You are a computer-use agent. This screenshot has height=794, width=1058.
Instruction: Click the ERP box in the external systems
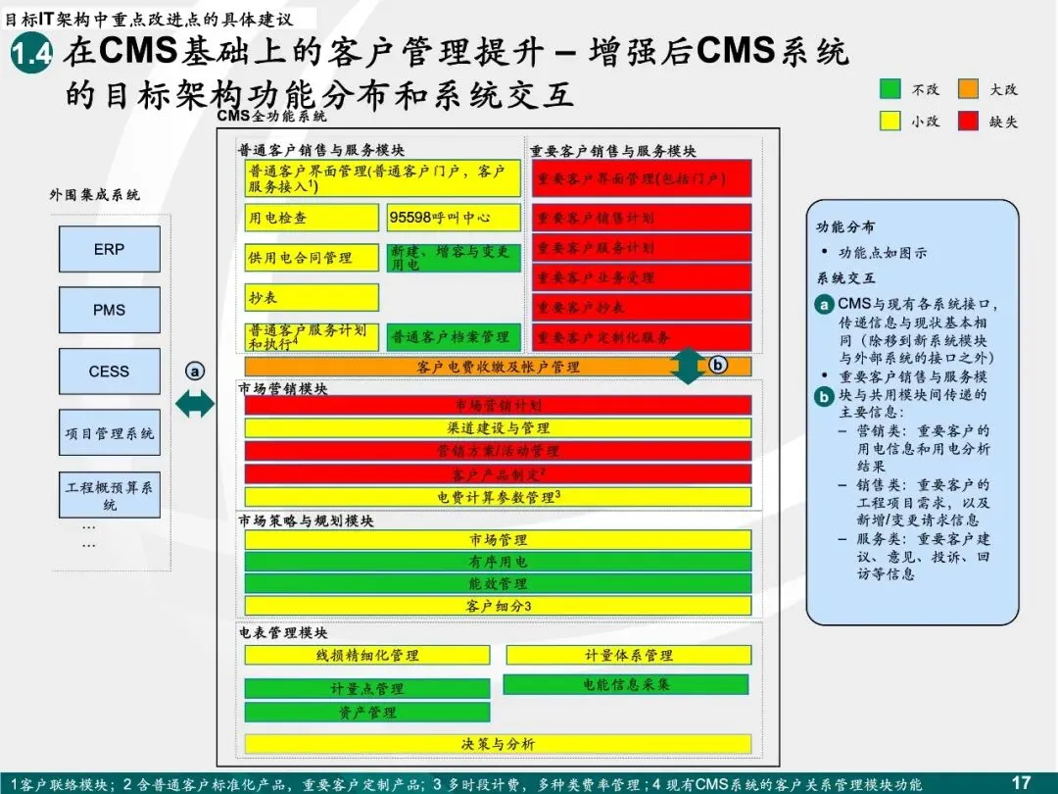point(109,249)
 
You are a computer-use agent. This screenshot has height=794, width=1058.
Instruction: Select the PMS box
point(109,310)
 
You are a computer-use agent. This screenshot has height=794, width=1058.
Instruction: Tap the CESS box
point(109,372)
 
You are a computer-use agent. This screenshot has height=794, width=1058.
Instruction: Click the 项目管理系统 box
point(109,434)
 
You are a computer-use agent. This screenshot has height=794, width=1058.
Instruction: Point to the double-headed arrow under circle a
point(194,402)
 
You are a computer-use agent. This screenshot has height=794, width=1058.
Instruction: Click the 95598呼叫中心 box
point(453,218)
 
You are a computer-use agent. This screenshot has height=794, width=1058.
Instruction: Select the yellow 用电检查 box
point(312,218)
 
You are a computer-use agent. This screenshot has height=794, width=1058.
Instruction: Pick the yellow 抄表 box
point(312,297)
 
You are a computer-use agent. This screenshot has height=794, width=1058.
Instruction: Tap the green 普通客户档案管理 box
point(453,337)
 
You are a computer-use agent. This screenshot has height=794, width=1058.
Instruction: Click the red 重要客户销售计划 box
point(642,218)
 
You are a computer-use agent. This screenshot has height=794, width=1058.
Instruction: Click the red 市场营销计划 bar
point(498,405)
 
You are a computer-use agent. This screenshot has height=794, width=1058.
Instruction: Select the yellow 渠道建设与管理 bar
point(498,428)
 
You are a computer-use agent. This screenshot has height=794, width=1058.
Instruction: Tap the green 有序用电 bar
point(498,562)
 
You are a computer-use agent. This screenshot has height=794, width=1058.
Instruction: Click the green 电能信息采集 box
point(626,684)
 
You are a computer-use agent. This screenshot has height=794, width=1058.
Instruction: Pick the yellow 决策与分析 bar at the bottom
point(498,744)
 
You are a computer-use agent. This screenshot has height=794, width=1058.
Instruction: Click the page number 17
point(1021,781)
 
